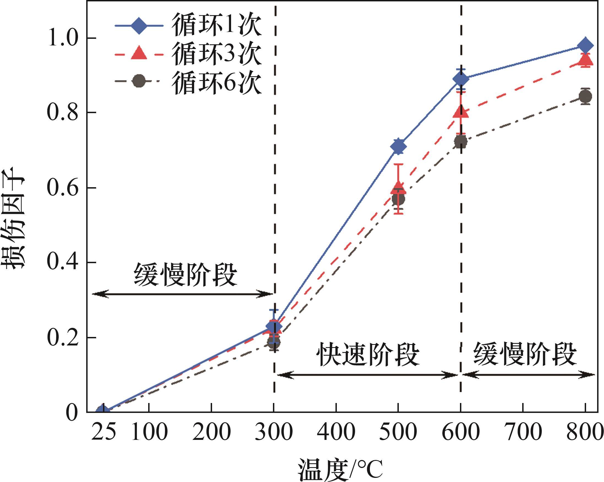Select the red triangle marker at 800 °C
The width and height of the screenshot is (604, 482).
[585, 60]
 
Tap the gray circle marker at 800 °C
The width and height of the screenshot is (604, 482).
[585, 97]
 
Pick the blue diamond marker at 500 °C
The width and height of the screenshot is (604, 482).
[398, 146]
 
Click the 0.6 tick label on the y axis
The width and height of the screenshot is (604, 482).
[62, 188]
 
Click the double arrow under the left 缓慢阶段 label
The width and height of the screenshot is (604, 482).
[182, 294]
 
